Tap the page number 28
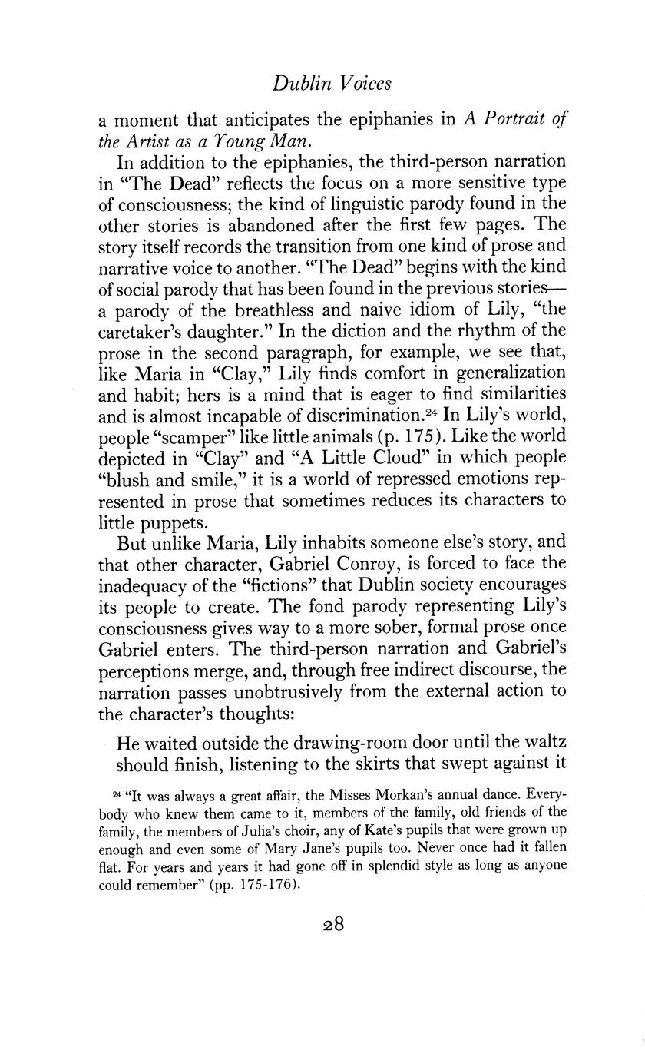(x=333, y=923)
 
